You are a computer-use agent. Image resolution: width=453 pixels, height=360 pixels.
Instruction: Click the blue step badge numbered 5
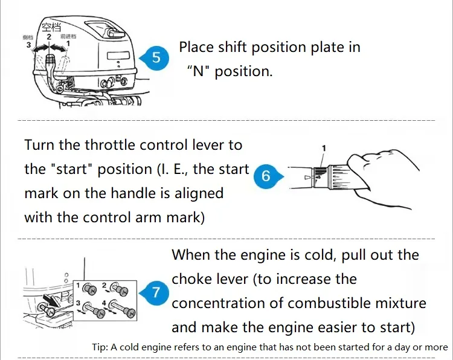tap(156, 58)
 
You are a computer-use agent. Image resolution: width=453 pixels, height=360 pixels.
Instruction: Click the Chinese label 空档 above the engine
tap(51, 27)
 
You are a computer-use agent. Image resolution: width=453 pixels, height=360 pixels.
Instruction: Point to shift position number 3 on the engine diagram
tap(27, 44)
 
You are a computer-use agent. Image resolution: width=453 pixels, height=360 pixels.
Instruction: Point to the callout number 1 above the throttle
tap(324, 148)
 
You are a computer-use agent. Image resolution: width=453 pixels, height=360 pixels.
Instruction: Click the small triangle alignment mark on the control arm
tap(308, 178)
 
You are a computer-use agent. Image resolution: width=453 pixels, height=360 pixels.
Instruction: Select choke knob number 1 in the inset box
tap(92, 289)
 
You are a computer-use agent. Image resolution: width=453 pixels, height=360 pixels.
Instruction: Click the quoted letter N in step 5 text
tap(198, 71)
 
